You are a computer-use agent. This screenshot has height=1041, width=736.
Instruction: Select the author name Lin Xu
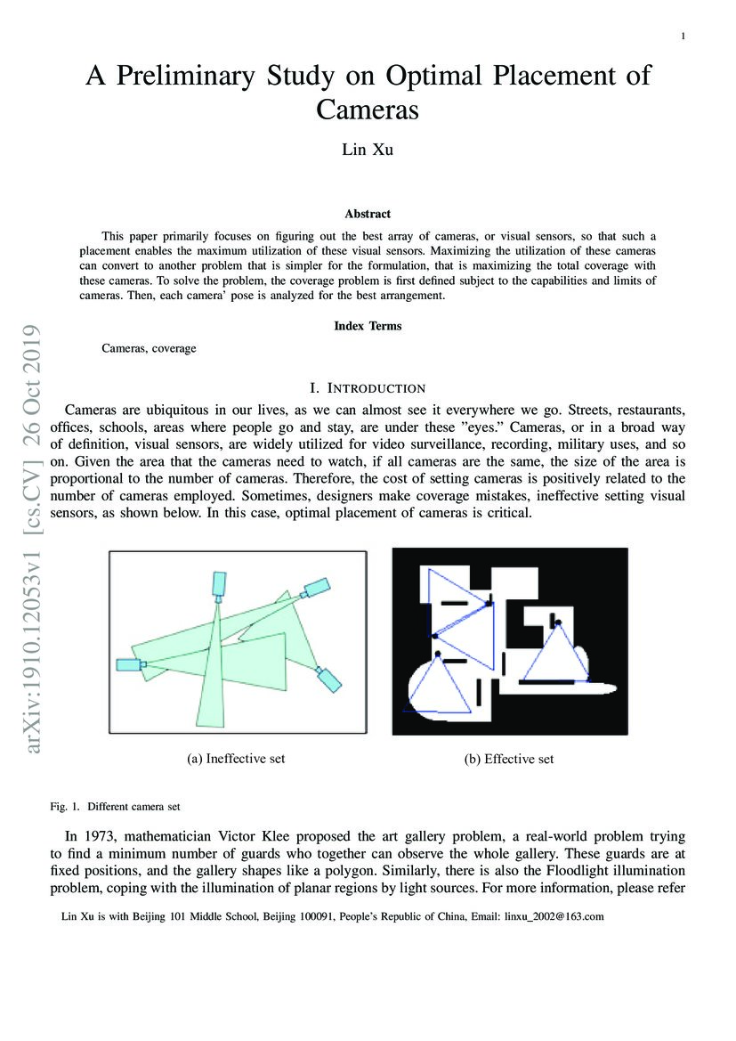(x=368, y=149)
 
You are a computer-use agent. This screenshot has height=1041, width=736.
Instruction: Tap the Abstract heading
(x=368, y=214)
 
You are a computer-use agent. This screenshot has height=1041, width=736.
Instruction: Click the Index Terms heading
(x=368, y=326)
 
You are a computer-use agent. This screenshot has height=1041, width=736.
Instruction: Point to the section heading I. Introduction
(x=368, y=388)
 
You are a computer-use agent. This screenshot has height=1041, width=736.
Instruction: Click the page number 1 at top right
(x=683, y=37)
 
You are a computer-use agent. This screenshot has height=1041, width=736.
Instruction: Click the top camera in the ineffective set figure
(x=218, y=584)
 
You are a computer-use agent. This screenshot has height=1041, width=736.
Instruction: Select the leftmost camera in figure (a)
(x=129, y=664)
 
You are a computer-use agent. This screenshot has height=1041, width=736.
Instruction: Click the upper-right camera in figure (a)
(x=316, y=587)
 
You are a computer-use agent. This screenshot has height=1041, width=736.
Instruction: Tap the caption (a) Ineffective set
(x=236, y=759)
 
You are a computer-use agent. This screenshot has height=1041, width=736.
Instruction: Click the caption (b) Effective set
(x=509, y=759)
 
